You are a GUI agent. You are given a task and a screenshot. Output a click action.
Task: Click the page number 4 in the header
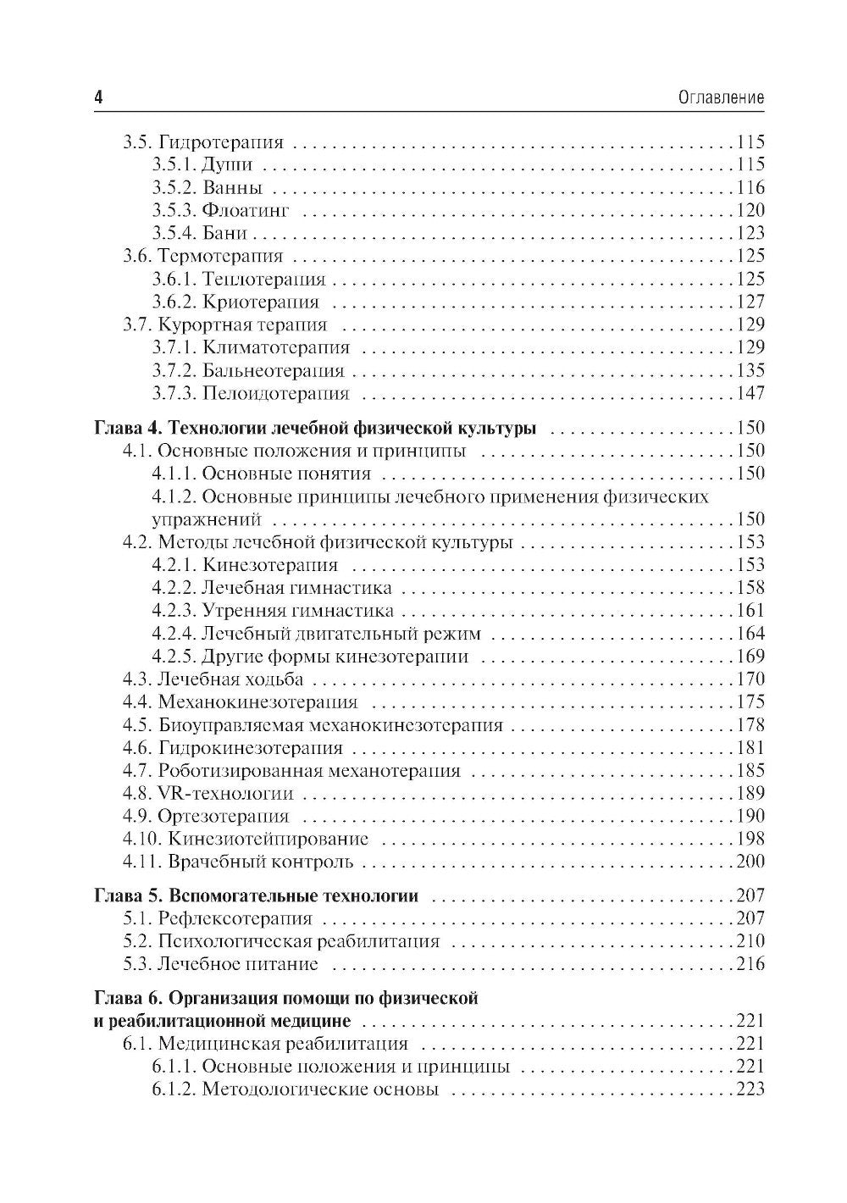point(98,97)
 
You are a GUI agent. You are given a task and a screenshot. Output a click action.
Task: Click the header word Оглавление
point(722,98)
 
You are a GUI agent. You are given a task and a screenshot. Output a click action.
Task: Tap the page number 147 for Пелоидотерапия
point(750,393)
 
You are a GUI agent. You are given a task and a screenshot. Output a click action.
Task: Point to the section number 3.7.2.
point(174,370)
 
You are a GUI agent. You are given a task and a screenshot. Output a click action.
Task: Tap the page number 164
point(750,633)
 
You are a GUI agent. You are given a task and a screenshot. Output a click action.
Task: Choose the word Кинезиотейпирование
point(268,839)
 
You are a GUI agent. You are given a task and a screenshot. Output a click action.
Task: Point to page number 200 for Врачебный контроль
point(750,862)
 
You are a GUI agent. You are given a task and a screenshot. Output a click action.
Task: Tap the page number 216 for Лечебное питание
point(750,964)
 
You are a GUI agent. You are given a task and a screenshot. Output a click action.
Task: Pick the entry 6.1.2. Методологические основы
point(296,1089)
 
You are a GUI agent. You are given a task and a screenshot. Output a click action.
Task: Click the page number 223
point(750,1089)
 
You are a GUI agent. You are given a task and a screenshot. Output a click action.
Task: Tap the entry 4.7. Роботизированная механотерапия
point(291,770)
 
